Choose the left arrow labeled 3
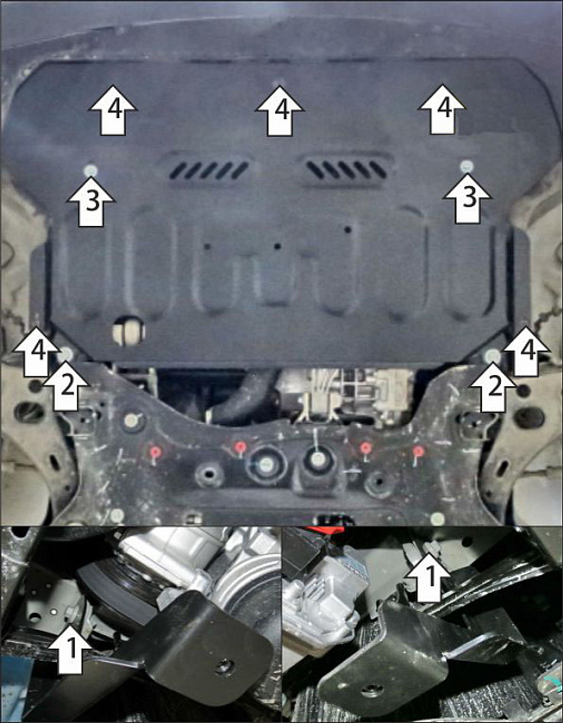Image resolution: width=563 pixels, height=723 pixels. click(91, 201)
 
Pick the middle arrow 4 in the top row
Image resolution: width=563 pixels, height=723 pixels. click(280, 110)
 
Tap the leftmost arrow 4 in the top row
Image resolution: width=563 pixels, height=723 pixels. click(113, 110)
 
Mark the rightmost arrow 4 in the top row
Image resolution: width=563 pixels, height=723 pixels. click(442, 109)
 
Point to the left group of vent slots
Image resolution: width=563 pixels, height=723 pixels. click(209, 170)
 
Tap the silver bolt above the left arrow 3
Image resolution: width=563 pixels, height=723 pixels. click(91, 170)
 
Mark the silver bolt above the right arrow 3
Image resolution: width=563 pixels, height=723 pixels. click(467, 165)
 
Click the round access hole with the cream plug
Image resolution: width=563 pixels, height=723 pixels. click(128, 330)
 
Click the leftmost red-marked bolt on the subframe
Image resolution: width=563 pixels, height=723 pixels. click(154, 451)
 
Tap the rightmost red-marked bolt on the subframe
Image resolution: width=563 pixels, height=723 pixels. click(418, 451)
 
